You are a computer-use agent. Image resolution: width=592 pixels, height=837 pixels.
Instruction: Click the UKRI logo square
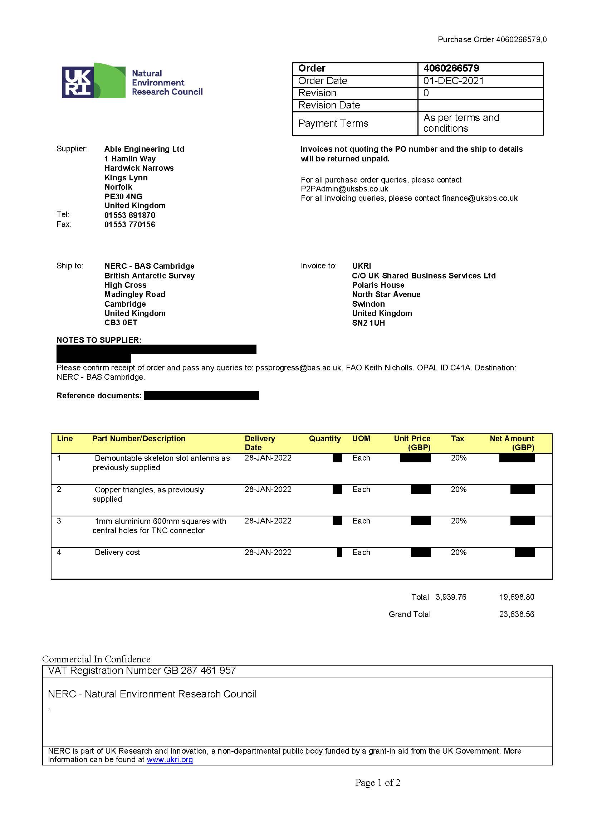click(77, 82)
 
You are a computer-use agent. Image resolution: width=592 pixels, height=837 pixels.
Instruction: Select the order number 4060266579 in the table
click(451, 69)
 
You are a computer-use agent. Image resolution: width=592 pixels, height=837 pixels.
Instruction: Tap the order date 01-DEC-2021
click(453, 81)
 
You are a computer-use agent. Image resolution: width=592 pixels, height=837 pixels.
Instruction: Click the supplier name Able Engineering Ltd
click(144, 149)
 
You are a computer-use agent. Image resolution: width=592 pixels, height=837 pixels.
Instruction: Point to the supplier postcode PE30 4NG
click(123, 196)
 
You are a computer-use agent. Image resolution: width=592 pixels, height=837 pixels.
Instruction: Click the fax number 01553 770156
click(130, 225)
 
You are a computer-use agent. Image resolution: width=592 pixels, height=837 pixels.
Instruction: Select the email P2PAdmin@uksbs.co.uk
click(344, 189)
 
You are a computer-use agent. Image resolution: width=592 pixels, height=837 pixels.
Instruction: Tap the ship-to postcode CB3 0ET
click(121, 323)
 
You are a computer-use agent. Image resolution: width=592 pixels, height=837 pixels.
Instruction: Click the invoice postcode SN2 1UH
click(368, 323)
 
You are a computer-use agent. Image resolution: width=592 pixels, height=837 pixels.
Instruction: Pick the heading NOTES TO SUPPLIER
click(99, 340)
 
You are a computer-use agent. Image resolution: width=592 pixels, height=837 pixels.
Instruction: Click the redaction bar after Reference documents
click(201, 395)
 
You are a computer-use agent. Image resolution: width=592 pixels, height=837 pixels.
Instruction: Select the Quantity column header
click(324, 439)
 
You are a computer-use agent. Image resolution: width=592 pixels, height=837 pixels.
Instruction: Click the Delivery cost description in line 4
click(117, 553)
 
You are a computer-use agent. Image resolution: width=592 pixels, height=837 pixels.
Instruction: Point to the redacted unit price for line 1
click(415, 458)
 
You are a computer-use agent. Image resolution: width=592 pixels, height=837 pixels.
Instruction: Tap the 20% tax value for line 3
click(458, 521)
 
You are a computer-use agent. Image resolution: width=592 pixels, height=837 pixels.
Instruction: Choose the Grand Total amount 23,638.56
click(516, 614)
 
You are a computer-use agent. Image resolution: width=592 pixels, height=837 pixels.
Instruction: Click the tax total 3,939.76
click(451, 597)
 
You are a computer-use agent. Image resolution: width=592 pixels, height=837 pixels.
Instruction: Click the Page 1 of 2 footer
click(378, 783)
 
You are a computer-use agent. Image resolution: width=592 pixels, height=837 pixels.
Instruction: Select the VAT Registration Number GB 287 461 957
click(142, 671)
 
